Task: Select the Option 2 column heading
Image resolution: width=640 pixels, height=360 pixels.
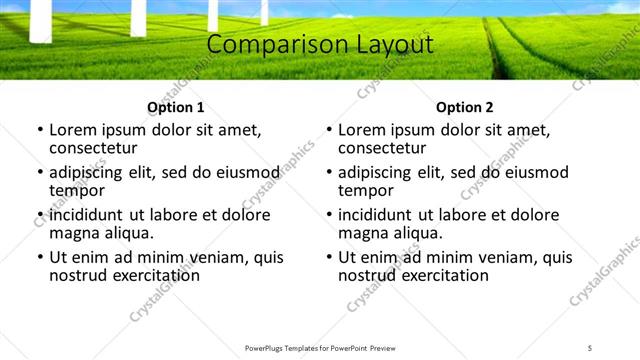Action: pyautogui.click(x=465, y=107)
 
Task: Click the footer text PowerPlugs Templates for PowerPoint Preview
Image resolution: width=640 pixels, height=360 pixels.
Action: pyautogui.click(x=319, y=348)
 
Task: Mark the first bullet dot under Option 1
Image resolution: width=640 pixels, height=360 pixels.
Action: pyautogui.click(x=39, y=130)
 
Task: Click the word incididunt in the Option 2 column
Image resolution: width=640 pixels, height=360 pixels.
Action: pyautogui.click(x=381, y=215)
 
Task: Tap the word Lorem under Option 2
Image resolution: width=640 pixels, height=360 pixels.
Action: pyautogui.click(x=361, y=130)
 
